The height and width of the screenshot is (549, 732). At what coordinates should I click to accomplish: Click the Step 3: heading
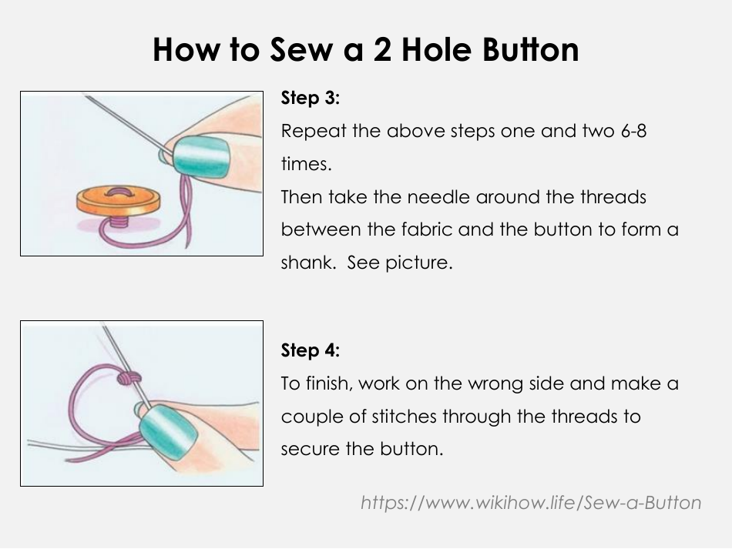pyautogui.click(x=311, y=99)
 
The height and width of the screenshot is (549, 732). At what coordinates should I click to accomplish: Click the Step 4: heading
pyautogui.click(x=311, y=350)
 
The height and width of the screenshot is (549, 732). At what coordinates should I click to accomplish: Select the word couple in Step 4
pyautogui.click(x=310, y=417)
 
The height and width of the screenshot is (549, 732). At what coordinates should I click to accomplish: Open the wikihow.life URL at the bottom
pyautogui.click(x=531, y=503)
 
